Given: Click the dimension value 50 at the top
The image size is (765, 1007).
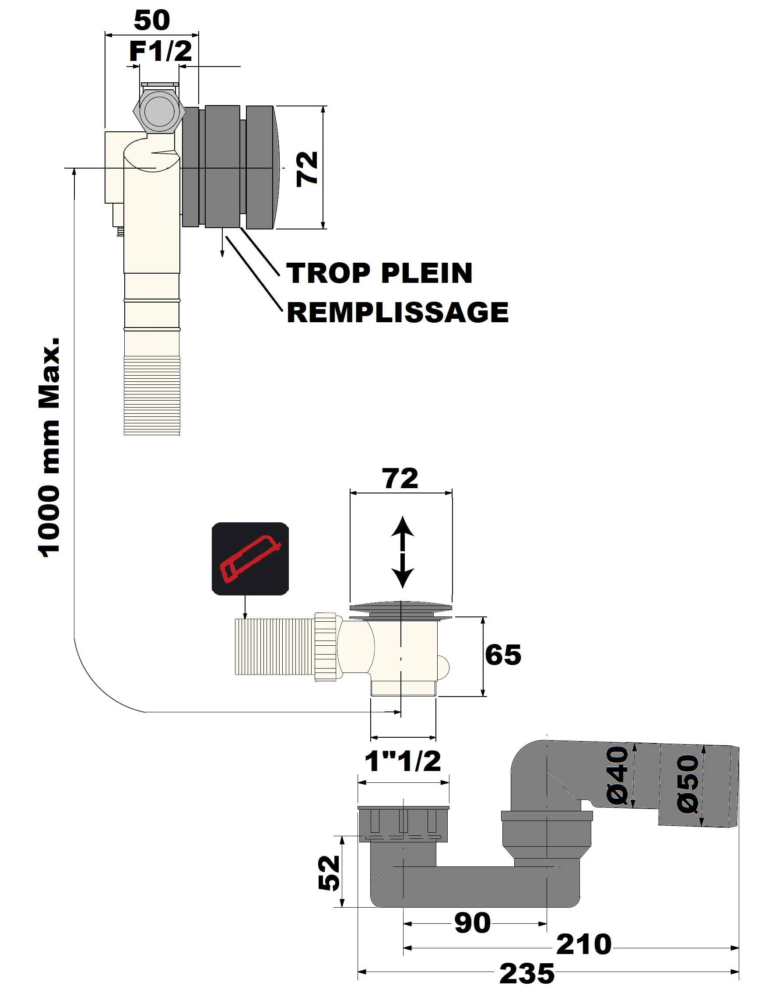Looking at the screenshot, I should tap(151, 20).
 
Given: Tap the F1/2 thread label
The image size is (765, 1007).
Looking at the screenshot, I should tap(160, 51).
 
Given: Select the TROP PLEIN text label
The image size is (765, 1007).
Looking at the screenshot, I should tap(380, 273).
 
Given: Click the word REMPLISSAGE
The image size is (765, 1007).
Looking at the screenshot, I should tap(397, 313).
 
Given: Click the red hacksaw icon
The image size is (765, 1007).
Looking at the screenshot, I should tap(250, 559).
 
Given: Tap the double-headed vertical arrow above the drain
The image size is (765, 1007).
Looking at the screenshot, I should tap(403, 552).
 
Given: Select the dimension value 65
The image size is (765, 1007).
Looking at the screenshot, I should tap(503, 655).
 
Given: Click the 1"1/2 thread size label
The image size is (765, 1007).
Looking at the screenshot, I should tap(403, 761).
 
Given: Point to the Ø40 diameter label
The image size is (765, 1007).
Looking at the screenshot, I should tap(618, 776).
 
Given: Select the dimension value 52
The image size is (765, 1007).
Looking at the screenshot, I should tap(329, 873).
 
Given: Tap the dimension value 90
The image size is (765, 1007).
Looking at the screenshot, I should tap(473, 924).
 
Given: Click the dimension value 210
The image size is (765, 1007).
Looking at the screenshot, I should tap(583, 944).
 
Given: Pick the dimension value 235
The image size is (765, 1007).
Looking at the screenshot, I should tap(527, 974).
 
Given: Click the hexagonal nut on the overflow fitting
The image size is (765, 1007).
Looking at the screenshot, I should tap(159, 112).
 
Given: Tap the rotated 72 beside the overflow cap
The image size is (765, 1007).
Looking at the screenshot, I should tap(307, 169).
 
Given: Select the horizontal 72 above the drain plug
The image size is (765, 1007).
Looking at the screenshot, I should tap(400, 479).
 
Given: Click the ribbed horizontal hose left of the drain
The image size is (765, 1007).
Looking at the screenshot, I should tap(274, 646).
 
